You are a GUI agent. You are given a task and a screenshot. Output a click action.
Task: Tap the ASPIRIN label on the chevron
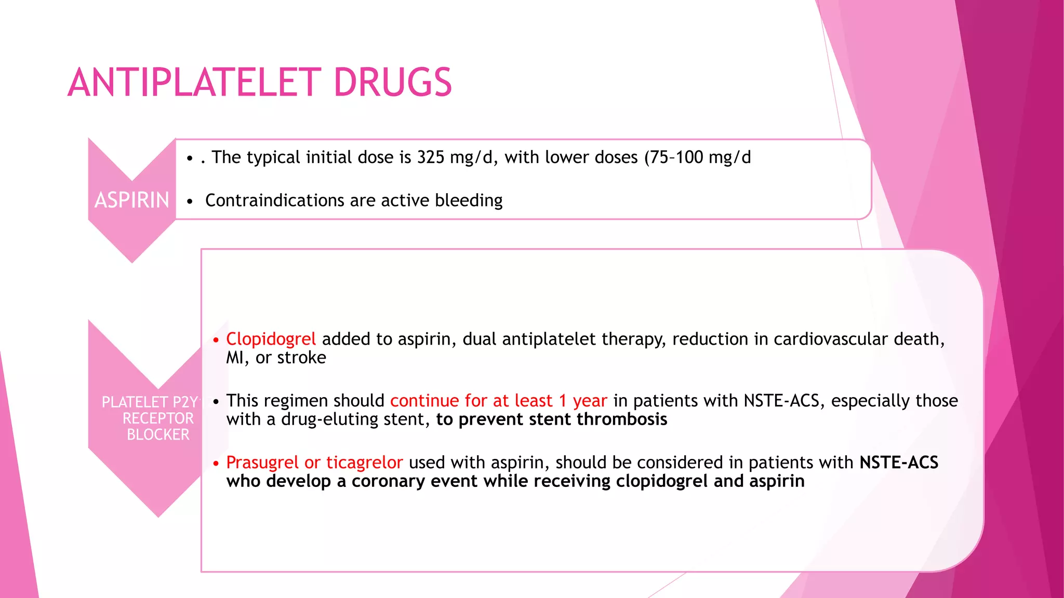pyautogui.click(x=132, y=200)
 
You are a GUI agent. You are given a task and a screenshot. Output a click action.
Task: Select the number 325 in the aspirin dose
pyautogui.click(x=431, y=157)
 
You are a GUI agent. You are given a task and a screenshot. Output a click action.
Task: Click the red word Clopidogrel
pyautogui.click(x=271, y=339)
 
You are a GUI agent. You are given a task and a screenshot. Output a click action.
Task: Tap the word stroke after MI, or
pyautogui.click(x=302, y=358)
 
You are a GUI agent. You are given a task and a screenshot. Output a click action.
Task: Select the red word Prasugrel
pyautogui.click(x=262, y=463)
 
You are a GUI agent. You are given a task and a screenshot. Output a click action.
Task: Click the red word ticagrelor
pyautogui.click(x=364, y=463)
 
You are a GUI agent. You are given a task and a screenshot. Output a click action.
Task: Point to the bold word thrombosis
pyautogui.click(x=622, y=419)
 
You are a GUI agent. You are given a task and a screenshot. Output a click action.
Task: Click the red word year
pyautogui.click(x=590, y=401)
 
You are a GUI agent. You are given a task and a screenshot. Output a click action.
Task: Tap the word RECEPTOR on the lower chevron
pyautogui.click(x=158, y=418)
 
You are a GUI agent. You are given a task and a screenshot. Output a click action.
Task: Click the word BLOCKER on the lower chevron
pyautogui.click(x=158, y=434)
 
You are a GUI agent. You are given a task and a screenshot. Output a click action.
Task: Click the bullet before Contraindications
pyautogui.click(x=190, y=201)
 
